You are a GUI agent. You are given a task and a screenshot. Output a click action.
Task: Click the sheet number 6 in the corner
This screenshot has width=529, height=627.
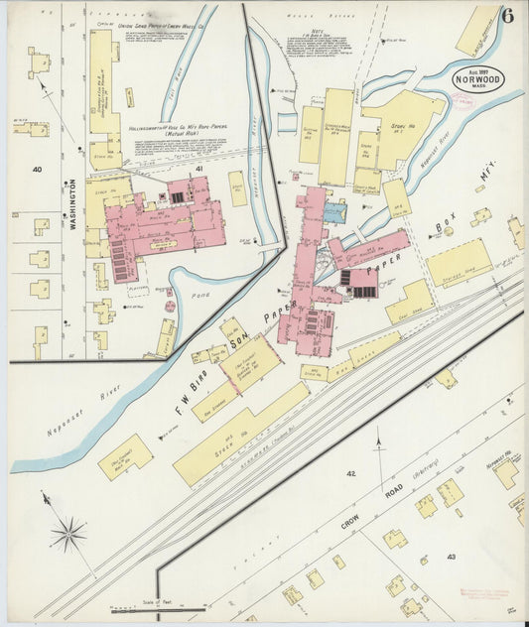[508, 15]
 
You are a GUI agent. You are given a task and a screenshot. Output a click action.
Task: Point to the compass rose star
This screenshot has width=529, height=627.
[68, 536]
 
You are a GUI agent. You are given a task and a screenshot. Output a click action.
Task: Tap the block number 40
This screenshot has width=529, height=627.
[37, 170]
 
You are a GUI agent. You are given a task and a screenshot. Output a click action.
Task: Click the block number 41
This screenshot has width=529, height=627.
[198, 170]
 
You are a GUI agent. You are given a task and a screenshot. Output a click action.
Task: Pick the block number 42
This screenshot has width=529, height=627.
[350, 474]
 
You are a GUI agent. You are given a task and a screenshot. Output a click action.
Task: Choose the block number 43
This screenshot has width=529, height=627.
[452, 558]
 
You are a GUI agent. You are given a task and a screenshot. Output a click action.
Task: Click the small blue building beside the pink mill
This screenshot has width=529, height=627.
[335, 210]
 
